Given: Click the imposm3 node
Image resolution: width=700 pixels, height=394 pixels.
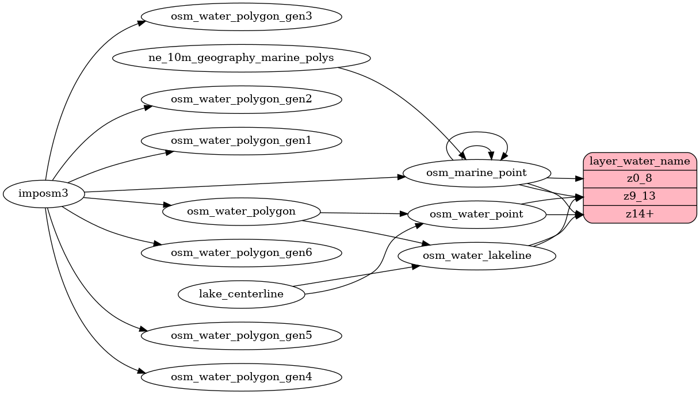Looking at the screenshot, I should point(44,193).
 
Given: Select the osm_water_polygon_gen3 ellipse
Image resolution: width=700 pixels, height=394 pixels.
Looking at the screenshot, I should point(241,16).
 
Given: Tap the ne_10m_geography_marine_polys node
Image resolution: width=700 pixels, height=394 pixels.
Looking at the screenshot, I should point(241,58).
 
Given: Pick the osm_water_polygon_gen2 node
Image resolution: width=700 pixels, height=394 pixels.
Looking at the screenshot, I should point(241,100).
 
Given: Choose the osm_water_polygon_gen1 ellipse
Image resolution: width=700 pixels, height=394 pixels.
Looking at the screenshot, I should point(241,141).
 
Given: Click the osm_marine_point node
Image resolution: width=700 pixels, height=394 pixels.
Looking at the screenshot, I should point(477,173).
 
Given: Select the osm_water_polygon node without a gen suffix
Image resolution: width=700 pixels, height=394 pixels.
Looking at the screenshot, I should point(241,211).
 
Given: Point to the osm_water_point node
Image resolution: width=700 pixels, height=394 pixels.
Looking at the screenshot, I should point(477,215).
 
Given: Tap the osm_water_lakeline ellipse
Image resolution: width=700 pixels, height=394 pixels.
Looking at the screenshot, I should point(477,255).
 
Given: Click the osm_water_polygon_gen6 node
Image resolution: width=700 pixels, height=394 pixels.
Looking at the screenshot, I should point(241,253).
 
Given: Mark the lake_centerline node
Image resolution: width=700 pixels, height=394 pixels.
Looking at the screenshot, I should point(241,294).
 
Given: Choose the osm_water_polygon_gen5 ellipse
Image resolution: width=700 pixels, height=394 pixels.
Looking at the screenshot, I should point(241,335).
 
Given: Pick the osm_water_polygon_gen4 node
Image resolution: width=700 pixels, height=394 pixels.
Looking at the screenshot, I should point(241,377).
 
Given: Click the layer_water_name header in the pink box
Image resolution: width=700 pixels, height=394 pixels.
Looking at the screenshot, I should point(640,161).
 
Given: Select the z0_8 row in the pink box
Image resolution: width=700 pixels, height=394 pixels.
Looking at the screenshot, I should point(640,179).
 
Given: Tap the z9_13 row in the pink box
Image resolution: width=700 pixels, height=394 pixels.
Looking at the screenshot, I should point(640,196).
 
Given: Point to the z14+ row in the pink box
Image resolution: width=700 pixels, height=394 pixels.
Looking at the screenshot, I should point(640,214).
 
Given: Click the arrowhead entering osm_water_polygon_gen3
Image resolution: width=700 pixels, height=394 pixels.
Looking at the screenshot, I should point(140,22).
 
